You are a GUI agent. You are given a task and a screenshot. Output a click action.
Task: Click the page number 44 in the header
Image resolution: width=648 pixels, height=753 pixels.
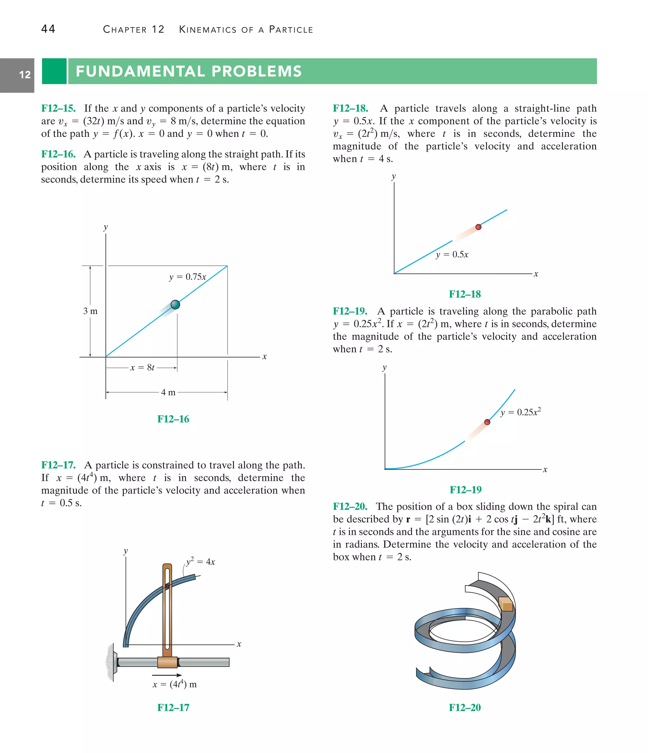[48, 29]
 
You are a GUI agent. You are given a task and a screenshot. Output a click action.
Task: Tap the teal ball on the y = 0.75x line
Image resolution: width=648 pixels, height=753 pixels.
[175, 304]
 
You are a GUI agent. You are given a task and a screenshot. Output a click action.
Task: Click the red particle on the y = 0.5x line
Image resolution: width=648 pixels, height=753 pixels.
[478, 227]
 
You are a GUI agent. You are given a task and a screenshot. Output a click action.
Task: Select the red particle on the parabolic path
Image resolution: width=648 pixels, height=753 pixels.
[487, 422]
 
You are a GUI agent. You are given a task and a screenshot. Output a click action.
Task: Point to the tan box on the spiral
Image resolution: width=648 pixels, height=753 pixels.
[506, 604]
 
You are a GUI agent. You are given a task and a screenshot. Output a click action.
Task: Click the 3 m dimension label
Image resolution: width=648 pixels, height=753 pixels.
[90, 311]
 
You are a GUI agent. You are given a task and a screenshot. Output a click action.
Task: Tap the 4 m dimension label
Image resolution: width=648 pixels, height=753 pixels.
[168, 392]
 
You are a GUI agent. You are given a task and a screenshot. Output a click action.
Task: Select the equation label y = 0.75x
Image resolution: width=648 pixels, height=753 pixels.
[187, 277]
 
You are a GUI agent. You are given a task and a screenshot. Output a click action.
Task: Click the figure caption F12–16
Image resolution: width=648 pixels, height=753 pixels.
[173, 419]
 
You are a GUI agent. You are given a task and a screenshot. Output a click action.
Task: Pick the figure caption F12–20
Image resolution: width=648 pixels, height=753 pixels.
[465, 708]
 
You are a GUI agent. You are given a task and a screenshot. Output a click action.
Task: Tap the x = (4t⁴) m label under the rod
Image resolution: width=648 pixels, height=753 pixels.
[175, 684]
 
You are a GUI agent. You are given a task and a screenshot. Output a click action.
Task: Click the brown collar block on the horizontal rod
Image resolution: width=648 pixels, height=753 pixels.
[167, 662]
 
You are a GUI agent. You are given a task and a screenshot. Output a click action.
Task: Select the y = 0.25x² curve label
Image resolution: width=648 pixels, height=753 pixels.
[520, 412]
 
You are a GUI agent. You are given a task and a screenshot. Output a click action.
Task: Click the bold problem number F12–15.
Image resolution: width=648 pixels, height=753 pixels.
[59, 108]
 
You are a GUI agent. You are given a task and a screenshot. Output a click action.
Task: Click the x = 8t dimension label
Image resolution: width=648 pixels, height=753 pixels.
[142, 368]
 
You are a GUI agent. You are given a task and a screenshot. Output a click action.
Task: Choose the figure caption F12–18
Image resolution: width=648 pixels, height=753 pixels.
[465, 294]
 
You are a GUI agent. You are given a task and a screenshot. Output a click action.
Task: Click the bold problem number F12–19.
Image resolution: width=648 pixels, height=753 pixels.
[350, 311]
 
